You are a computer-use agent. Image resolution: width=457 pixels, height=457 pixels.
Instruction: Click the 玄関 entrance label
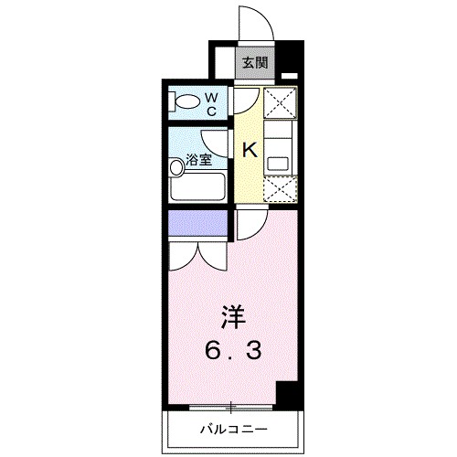255,63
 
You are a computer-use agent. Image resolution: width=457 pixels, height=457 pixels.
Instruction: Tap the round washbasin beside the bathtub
176,167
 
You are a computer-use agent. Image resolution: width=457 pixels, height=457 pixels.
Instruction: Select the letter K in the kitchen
248,151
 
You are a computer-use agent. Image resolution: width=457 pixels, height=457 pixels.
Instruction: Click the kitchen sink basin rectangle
277,165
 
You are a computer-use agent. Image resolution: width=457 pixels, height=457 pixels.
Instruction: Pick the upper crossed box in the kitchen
277,103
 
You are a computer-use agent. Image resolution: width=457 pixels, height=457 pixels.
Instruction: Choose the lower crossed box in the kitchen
277,189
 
